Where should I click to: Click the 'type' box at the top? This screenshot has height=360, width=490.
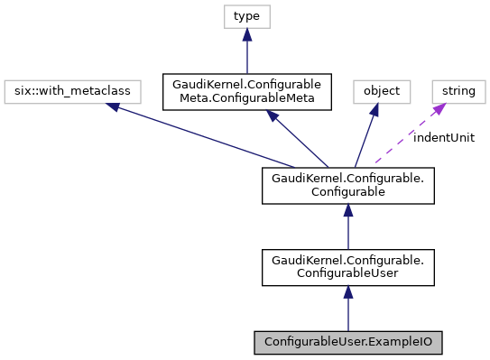click(246, 16)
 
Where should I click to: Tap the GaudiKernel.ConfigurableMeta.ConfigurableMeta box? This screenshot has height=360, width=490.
click(246, 91)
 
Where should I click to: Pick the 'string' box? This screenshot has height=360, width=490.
click(458, 91)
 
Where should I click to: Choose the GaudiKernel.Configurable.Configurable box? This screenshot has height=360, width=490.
click(348, 186)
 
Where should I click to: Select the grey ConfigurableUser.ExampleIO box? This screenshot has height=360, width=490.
click(348, 343)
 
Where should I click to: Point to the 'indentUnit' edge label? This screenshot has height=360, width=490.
click(443, 137)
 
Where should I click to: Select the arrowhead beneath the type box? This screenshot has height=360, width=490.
click(246, 34)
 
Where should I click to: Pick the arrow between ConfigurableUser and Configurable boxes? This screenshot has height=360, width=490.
click(348, 231)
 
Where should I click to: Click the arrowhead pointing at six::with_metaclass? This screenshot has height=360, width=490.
click(112, 106)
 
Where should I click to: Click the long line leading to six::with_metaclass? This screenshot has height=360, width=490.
click(208, 137)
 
